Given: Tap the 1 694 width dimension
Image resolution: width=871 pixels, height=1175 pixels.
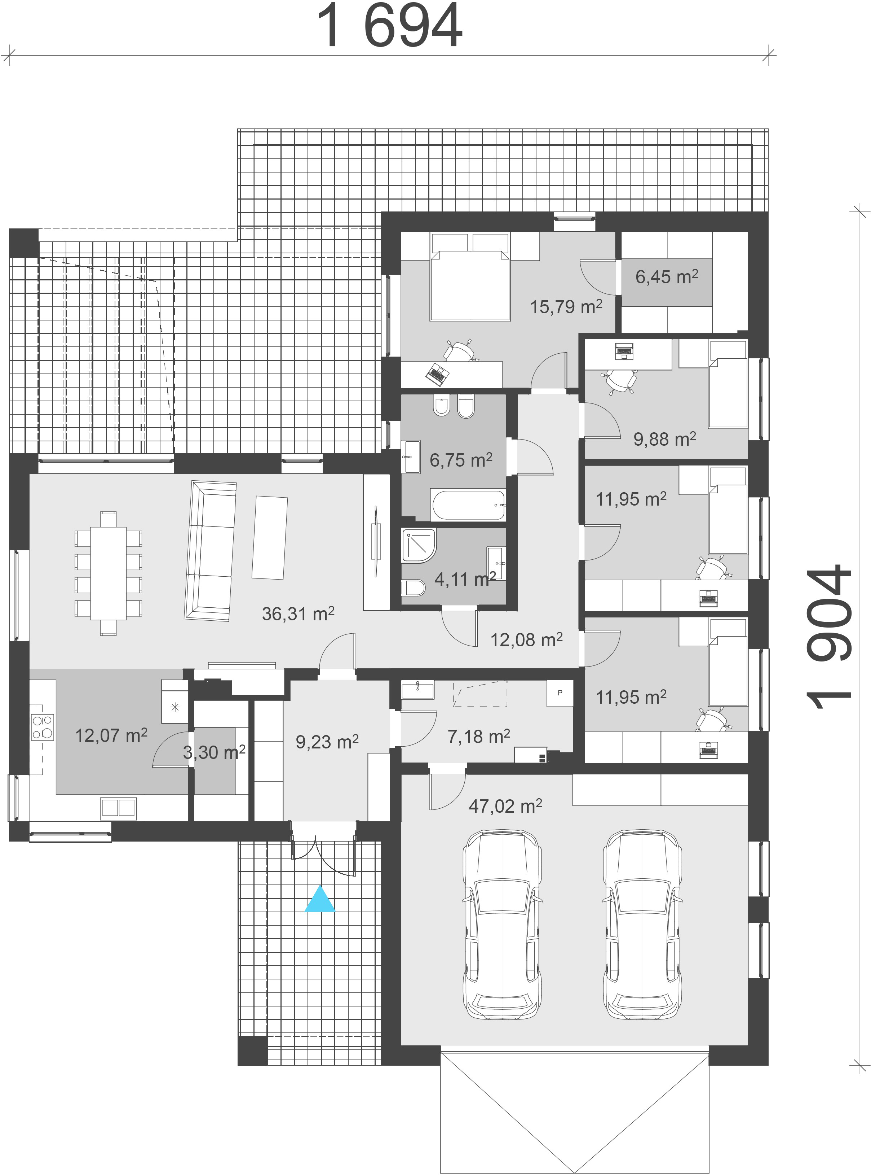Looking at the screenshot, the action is click(x=389, y=26).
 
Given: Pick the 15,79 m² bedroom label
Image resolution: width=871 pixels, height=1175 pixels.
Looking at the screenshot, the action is click(x=566, y=306).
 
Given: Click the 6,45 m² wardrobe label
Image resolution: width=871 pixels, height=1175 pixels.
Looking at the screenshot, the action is click(x=667, y=276).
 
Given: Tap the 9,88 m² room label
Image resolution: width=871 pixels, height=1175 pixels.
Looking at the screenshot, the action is click(x=665, y=439).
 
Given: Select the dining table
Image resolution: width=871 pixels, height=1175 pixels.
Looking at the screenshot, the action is click(x=108, y=572).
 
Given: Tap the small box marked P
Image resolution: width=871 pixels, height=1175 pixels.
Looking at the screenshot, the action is click(x=560, y=693).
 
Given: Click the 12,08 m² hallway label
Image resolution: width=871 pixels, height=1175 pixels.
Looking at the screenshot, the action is click(x=527, y=640).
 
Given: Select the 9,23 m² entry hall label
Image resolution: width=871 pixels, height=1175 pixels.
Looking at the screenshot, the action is click(x=327, y=742).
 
